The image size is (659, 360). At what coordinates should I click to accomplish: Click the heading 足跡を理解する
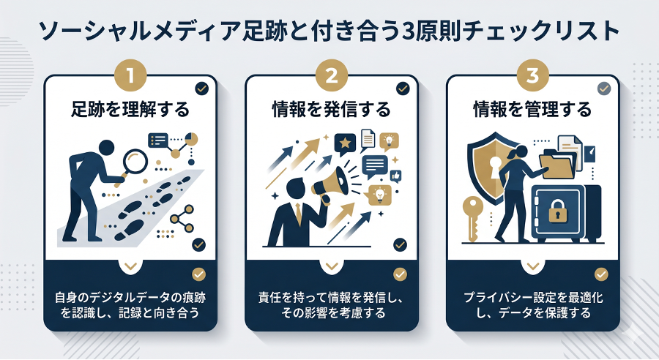click(x=131, y=110)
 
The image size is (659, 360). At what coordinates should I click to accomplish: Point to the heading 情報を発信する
click(x=331, y=110)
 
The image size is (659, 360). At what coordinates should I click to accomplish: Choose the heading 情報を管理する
click(x=532, y=110)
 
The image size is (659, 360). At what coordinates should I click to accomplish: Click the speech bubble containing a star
click(x=343, y=141)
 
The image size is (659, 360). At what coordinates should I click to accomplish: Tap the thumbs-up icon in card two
click(x=396, y=176)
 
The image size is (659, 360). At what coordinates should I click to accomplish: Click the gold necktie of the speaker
click(x=299, y=215)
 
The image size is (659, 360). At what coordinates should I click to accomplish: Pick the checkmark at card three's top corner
click(x=603, y=89)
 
